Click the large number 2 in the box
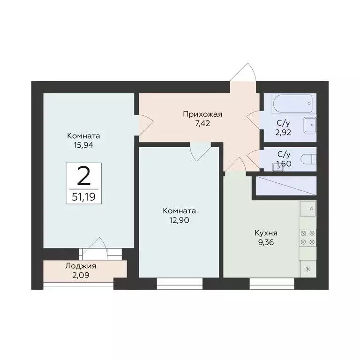click(84, 176)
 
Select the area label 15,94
click(84, 145)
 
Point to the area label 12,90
click(179, 219)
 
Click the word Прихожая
click(202, 113)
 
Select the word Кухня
click(266, 233)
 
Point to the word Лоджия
click(84, 266)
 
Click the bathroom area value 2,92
click(282, 133)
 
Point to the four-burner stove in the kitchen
click(307, 237)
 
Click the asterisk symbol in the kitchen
click(307, 269)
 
